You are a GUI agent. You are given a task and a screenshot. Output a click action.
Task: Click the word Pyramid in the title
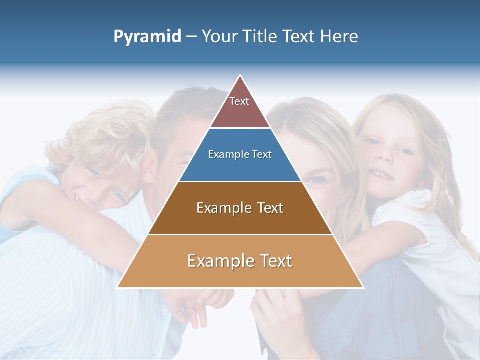point(147,37)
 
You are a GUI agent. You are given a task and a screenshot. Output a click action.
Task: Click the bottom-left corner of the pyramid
point(118,287)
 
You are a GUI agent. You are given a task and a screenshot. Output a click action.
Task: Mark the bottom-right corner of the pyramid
point(362,287)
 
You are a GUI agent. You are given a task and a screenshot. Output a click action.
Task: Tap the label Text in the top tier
point(239,101)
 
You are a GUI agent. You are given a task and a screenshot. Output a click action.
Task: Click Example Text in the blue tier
point(240,154)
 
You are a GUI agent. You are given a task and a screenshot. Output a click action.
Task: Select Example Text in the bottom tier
point(240,261)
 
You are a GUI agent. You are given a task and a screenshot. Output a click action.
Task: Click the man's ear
point(149,167)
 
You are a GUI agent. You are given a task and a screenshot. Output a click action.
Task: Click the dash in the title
point(191,37)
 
